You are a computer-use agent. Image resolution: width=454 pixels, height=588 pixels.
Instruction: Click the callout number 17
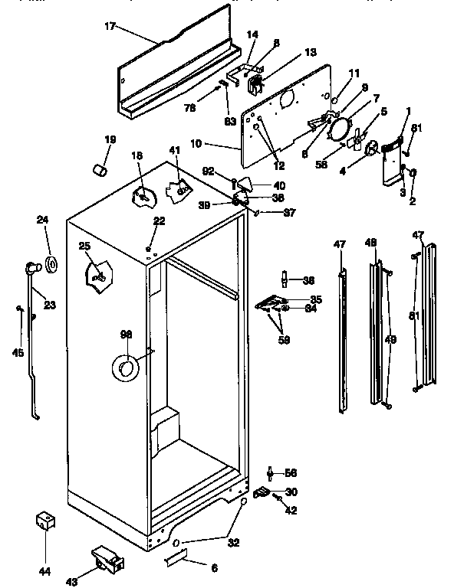point(110,26)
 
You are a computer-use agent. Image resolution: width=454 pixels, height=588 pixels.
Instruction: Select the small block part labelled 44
point(45,522)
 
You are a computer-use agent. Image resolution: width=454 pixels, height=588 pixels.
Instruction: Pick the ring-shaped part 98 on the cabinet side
point(124,368)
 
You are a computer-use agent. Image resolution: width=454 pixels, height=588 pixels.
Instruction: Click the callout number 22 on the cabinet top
point(159,220)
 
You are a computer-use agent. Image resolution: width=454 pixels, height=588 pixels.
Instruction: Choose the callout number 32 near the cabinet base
point(233,543)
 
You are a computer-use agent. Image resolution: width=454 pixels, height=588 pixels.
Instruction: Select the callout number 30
point(291,492)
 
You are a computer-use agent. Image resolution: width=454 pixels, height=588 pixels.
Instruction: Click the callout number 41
point(175,150)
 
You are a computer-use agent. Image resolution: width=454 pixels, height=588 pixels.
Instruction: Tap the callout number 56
point(291,472)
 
